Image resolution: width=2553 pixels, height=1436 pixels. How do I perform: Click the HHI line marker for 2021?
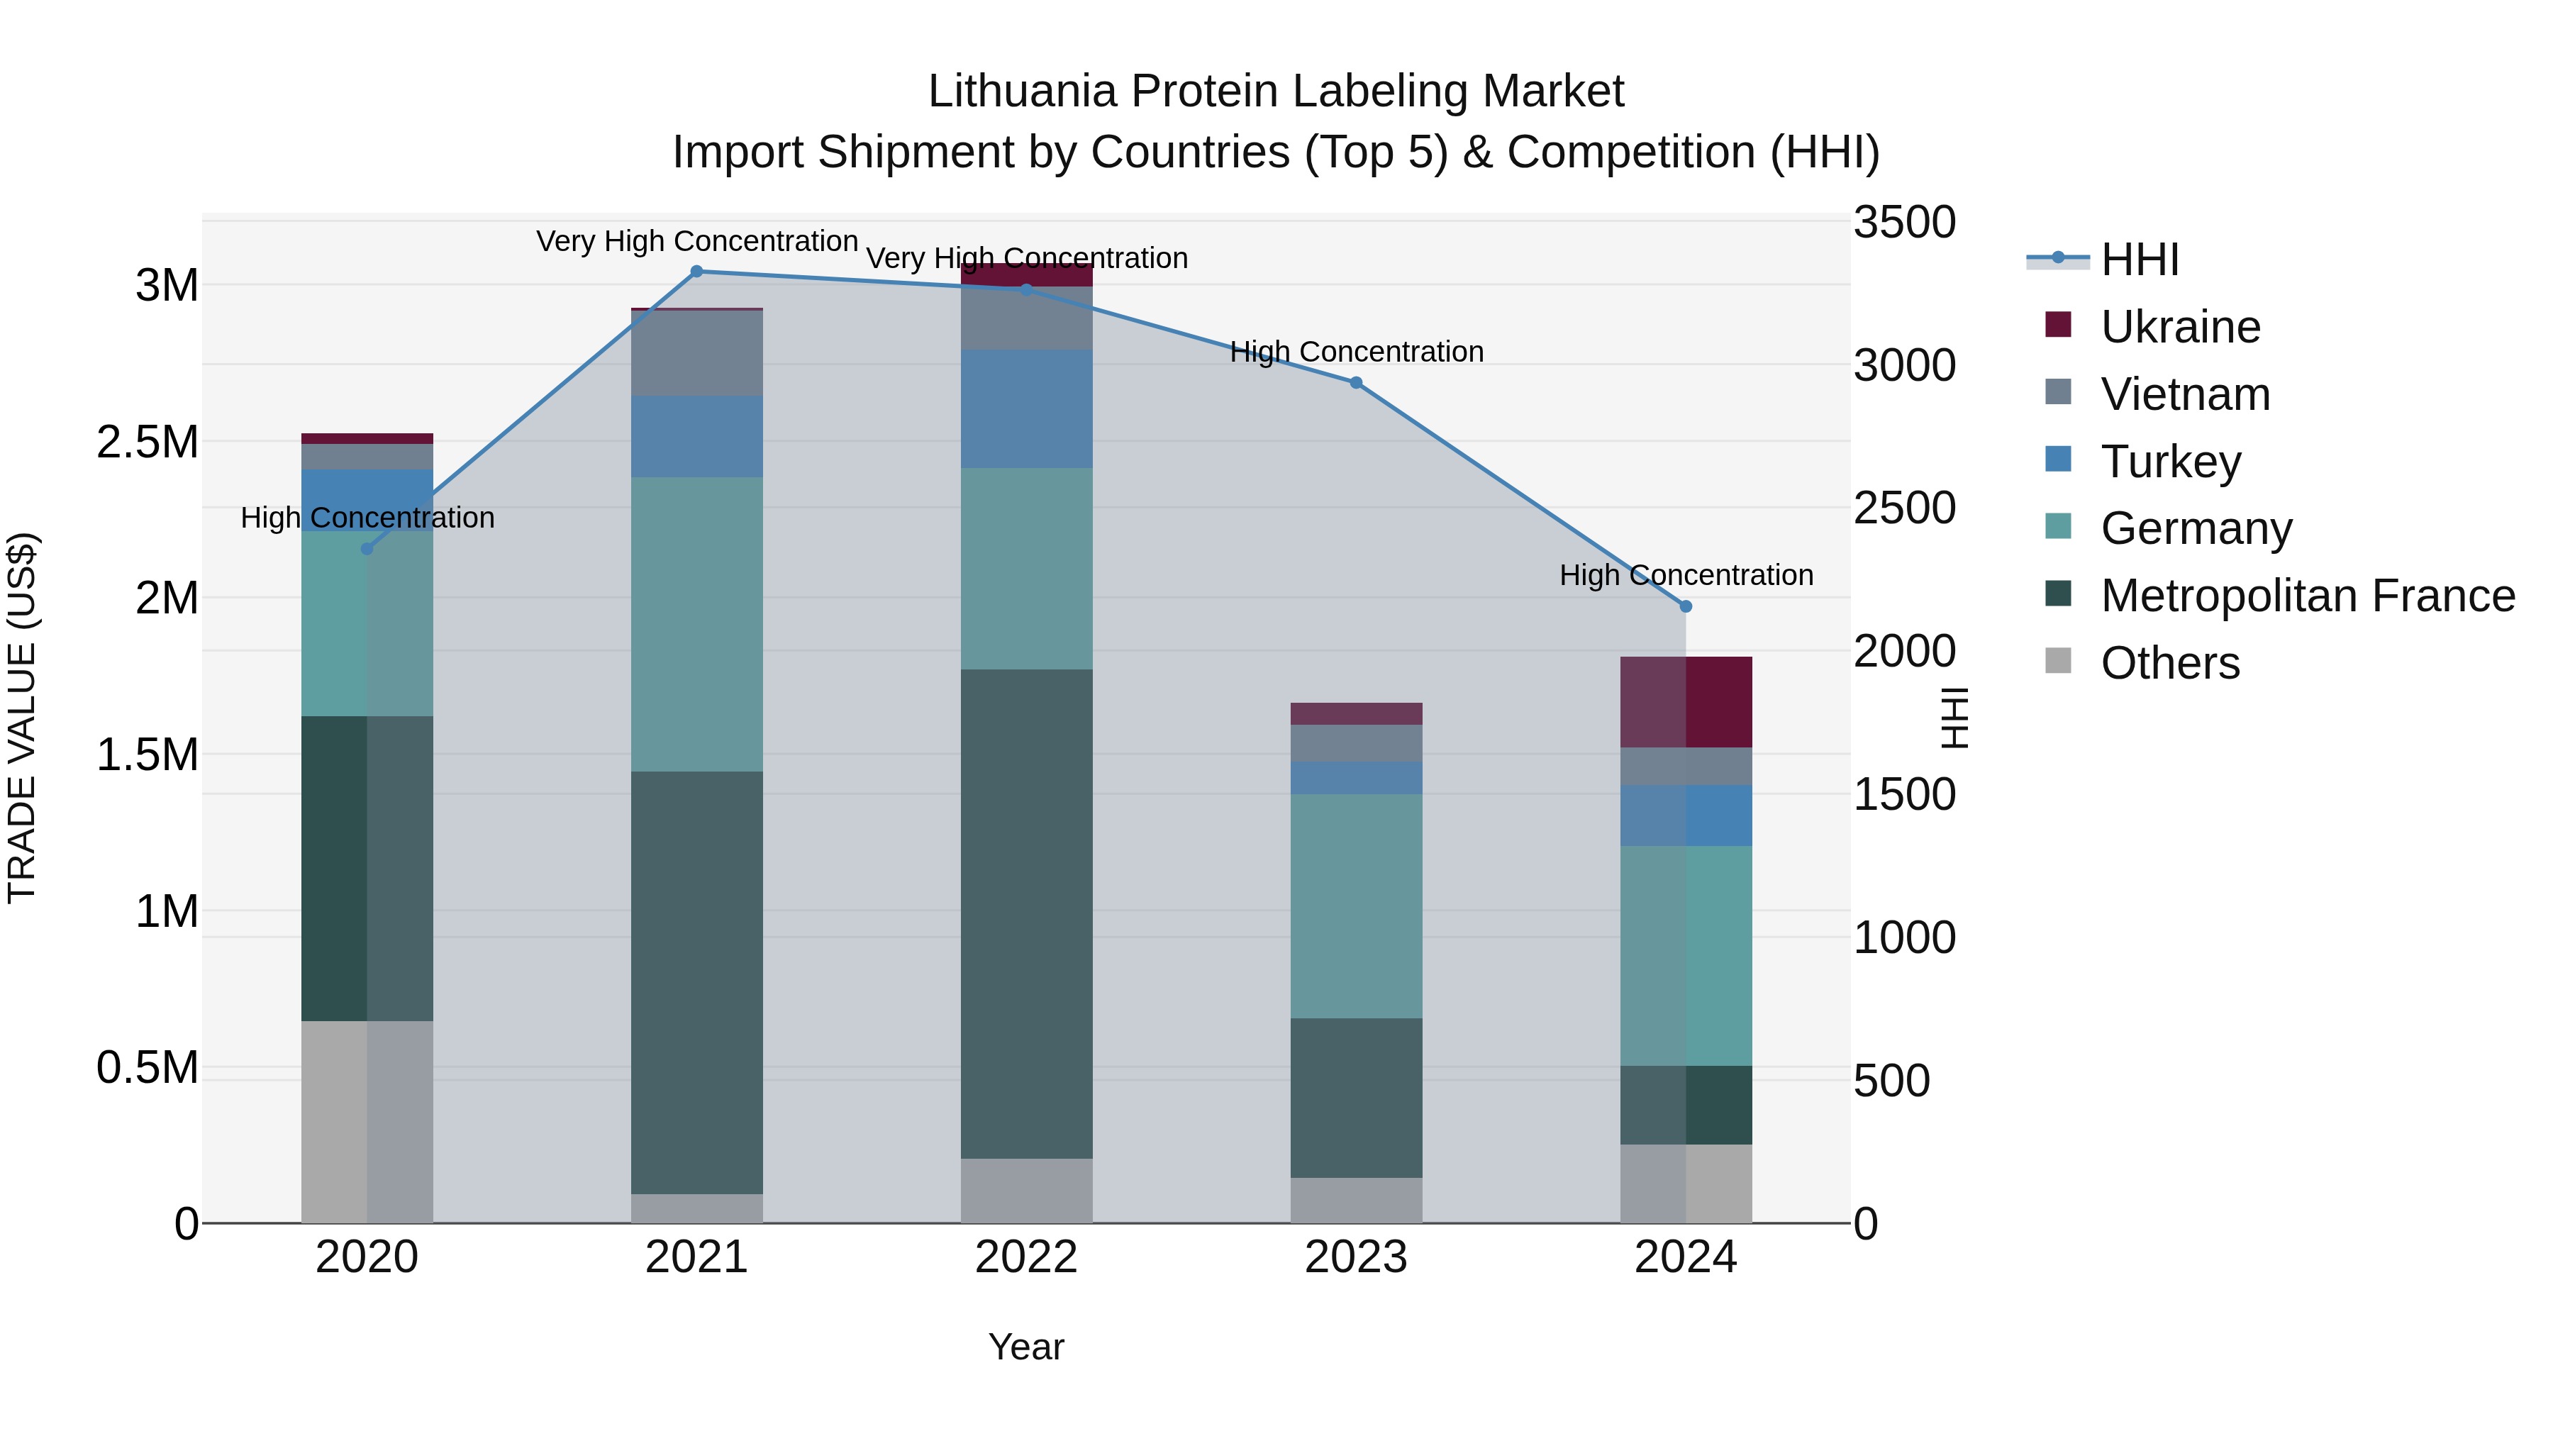pyautogui.click(x=696, y=272)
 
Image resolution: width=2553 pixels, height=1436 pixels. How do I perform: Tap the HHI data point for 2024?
pyautogui.click(x=1686, y=606)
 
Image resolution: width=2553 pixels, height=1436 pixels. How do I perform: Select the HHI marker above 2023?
pyautogui.click(x=1356, y=382)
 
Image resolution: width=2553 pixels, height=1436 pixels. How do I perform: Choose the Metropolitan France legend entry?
pyautogui.click(x=2307, y=596)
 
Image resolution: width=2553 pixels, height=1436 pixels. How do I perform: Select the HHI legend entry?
pyautogui.click(x=2139, y=260)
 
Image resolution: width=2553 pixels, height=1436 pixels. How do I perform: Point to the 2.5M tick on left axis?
pyautogui.click(x=148, y=442)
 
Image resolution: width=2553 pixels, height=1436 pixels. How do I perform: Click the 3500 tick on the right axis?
pyautogui.click(x=1904, y=222)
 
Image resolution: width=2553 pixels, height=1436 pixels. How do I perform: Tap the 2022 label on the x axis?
pyautogui.click(x=1025, y=1257)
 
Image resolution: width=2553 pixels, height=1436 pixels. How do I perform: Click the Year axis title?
pyautogui.click(x=1025, y=1347)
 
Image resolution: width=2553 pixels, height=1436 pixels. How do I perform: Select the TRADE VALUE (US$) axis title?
pyautogui.click(x=22, y=718)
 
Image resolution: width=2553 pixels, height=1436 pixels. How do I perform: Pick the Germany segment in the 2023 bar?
pyautogui.click(x=1356, y=905)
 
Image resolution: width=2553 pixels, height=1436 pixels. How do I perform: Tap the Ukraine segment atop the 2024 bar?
pyautogui.click(x=1686, y=701)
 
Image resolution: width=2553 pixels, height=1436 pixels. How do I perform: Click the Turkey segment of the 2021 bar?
pyautogui.click(x=696, y=436)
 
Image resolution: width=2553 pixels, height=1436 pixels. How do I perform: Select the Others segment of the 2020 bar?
pyautogui.click(x=367, y=1121)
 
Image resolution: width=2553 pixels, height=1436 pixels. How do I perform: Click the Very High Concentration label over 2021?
pyautogui.click(x=696, y=241)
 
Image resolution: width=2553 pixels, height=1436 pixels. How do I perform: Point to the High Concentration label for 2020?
pyautogui.click(x=367, y=518)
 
